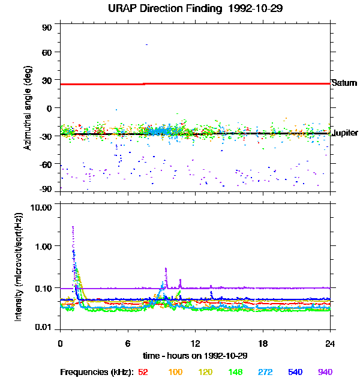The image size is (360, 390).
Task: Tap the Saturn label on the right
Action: coord(344,83)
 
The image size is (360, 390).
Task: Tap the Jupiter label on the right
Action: coord(345,133)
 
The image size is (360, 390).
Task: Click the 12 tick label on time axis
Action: coord(195,343)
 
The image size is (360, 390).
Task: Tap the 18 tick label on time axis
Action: coord(263,343)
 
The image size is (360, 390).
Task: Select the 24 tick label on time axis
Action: coord(330,343)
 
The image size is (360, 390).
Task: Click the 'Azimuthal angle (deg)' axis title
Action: coord(28,108)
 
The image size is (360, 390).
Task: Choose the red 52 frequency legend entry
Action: coord(143,372)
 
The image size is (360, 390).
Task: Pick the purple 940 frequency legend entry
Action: coord(325,372)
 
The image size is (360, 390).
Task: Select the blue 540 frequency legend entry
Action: coord(295,372)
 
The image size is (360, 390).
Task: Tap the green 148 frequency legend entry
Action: coord(234,372)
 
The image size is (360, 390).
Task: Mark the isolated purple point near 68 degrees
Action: coord(146,44)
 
